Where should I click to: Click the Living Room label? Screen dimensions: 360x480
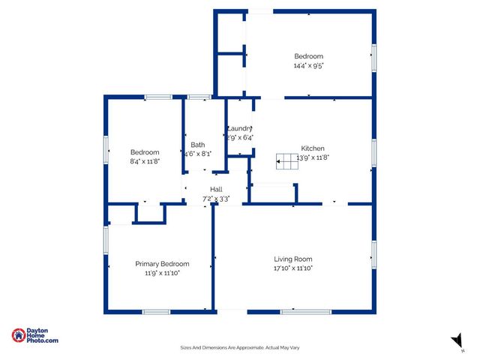(292, 259)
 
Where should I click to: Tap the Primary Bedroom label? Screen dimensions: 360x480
(162, 264)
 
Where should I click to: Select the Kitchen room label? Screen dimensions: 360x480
(313, 148)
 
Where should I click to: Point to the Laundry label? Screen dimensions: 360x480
(240, 128)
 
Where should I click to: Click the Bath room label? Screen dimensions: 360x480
(197, 145)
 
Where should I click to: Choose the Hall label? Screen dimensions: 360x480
(216, 189)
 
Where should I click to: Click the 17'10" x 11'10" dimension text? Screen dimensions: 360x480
(292, 268)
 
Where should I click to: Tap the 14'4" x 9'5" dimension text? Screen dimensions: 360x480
(308, 66)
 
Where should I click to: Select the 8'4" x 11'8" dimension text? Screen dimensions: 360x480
(145, 160)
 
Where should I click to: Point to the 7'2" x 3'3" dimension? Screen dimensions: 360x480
(216, 199)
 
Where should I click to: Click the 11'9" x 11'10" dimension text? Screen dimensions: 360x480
(162, 273)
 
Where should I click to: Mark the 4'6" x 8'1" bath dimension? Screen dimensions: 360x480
(197, 154)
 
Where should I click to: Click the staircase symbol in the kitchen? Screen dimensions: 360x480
(287, 158)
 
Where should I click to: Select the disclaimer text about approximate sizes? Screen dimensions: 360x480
(240, 347)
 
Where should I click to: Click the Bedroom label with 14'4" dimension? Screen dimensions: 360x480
(308, 57)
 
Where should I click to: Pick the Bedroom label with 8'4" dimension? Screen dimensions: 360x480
(145, 151)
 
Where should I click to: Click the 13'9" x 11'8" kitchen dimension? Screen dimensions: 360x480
(314, 157)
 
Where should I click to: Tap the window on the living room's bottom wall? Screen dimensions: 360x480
(305, 311)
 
